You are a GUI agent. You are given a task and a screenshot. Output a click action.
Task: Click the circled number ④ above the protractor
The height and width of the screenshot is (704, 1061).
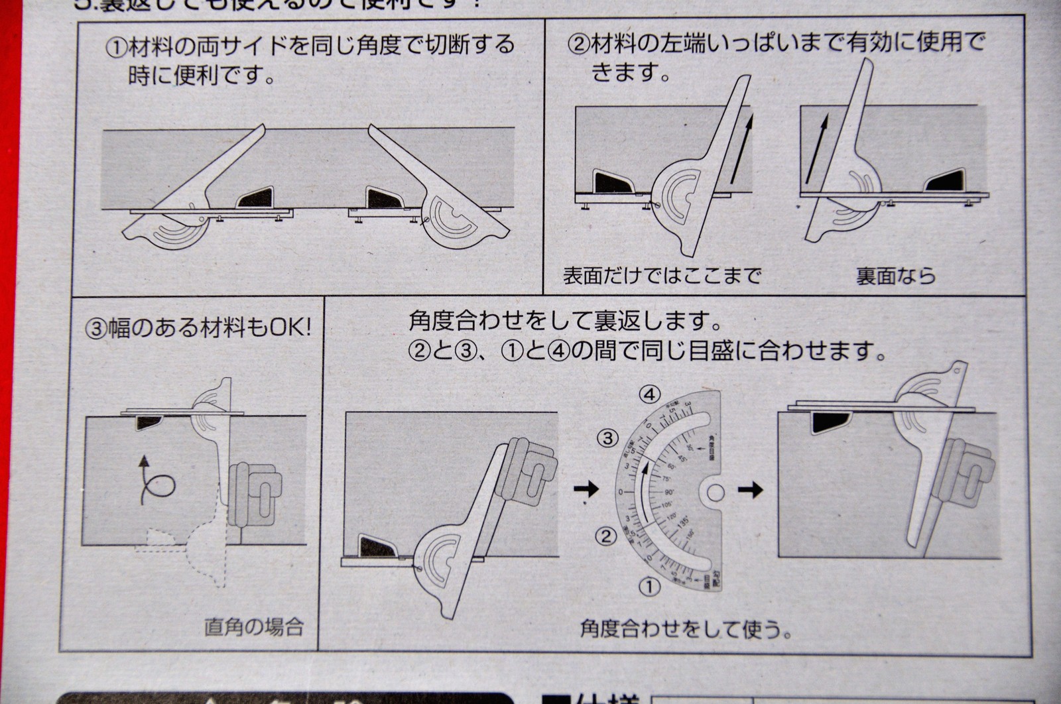650,395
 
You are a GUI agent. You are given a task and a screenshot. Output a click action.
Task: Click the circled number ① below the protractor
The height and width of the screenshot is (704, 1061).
650,586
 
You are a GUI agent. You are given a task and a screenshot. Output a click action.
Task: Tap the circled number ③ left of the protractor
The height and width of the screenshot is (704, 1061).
607,438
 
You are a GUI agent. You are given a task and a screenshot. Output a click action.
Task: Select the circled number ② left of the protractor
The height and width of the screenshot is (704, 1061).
605,535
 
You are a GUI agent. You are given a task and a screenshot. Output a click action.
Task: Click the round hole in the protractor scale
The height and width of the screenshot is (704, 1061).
714,492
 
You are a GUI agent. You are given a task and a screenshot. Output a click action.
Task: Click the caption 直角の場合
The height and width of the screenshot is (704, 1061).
254,626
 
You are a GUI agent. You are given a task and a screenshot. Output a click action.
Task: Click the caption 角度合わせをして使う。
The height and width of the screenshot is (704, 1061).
686,628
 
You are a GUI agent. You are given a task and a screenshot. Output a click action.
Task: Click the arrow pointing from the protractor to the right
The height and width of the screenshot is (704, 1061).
751,491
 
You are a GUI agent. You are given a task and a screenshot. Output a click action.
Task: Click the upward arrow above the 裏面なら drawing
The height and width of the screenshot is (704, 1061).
817,147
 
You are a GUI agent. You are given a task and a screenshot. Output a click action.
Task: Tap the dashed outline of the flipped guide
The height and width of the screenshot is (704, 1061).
199,550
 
